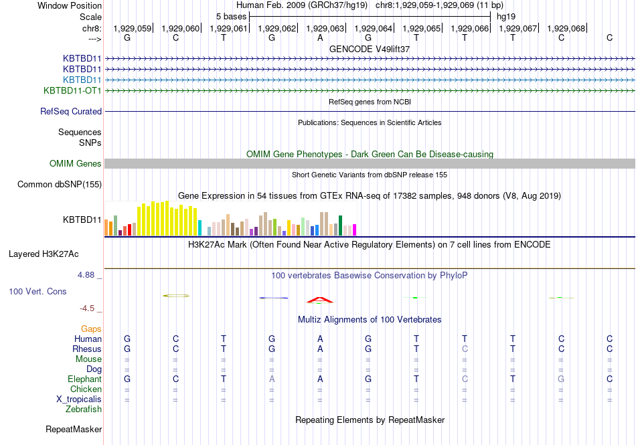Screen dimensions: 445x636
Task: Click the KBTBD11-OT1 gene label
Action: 72,90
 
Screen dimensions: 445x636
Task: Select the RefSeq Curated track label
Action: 71,112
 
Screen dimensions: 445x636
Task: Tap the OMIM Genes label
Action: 76,164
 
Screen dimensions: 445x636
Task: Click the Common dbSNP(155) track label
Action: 60,185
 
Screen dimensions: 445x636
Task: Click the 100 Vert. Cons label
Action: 37,292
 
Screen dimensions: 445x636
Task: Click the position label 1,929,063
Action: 325,28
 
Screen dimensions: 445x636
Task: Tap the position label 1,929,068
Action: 566,28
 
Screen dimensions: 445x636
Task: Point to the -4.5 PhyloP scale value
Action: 89,308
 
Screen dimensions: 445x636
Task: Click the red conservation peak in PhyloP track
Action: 319,299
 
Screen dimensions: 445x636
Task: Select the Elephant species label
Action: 84,379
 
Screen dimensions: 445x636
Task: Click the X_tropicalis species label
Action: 79,399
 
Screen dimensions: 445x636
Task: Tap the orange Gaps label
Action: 91,329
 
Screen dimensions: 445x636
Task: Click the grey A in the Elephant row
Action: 272,379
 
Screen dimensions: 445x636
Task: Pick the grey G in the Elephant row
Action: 561,379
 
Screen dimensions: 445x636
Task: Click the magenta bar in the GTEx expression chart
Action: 354,230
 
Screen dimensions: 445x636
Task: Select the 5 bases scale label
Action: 231,16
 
